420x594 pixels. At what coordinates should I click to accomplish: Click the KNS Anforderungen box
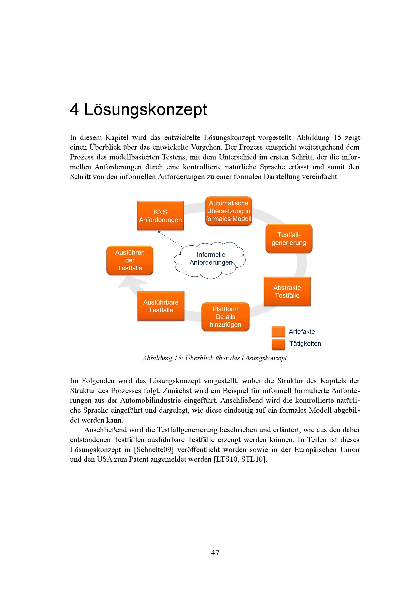160,216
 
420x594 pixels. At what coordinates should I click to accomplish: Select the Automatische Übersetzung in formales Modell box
228,211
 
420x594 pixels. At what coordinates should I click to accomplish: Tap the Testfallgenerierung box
289,238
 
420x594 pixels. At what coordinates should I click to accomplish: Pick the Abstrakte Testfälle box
287,292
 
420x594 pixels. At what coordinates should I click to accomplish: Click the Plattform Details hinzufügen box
225,317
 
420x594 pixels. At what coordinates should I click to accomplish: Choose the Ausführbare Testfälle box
161,306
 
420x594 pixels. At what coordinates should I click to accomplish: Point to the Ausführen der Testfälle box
130,260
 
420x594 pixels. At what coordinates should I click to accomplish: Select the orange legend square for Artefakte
278,332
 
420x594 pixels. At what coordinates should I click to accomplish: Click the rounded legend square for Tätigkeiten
278,344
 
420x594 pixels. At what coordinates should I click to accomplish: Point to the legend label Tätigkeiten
305,344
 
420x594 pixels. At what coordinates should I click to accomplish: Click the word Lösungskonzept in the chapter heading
145,109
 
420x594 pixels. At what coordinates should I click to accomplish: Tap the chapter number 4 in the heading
74,109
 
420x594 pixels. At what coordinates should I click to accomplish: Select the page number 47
215,553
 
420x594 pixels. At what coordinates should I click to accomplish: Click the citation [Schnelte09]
154,450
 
